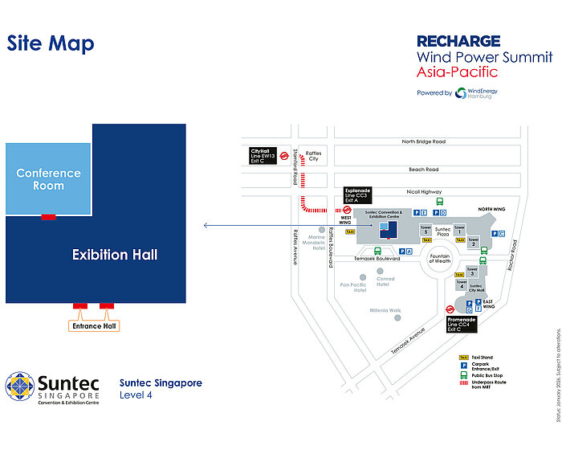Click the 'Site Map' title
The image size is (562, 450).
point(51,43)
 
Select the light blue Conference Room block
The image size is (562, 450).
point(48,179)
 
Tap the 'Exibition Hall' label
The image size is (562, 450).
point(114,255)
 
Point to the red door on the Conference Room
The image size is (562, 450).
point(48,216)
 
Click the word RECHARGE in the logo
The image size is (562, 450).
point(458,41)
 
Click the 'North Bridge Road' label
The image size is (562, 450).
point(424,141)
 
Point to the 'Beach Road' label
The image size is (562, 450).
point(423,170)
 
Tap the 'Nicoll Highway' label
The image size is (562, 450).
point(424,191)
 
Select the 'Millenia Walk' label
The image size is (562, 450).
point(385,310)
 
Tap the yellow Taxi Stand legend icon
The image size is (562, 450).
point(463,357)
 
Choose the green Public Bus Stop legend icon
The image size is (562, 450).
point(463,375)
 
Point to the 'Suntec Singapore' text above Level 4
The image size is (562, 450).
point(161,382)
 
